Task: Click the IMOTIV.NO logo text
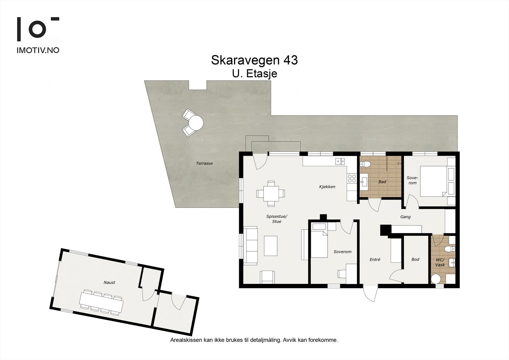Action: [x=38, y=50]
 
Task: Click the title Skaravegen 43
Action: [x=254, y=60]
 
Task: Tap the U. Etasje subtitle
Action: [x=254, y=74]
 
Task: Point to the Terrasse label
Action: [x=204, y=163]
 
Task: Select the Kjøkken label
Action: [x=327, y=187]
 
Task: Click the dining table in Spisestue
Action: [x=271, y=194]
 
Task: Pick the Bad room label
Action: [x=382, y=182]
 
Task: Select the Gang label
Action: [x=405, y=217]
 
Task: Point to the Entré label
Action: [x=375, y=259]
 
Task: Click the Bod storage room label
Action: [x=415, y=259]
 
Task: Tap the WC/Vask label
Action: [x=440, y=262]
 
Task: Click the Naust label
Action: [x=109, y=282]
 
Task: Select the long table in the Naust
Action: [x=101, y=302]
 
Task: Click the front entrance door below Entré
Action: [x=370, y=293]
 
